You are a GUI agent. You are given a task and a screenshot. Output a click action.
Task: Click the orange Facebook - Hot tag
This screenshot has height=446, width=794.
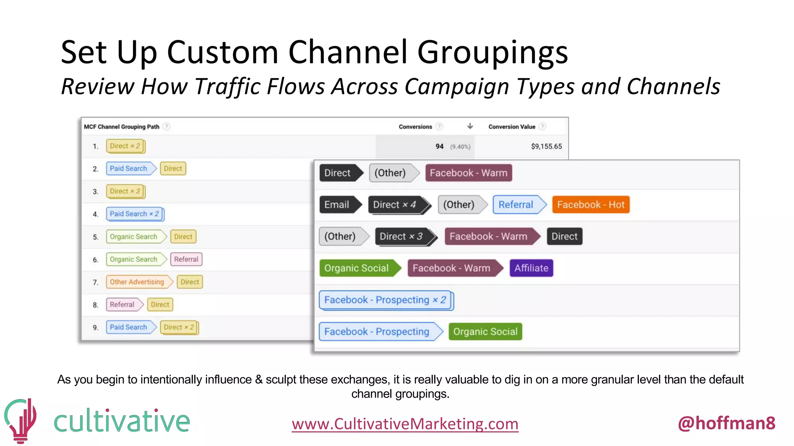[590, 205]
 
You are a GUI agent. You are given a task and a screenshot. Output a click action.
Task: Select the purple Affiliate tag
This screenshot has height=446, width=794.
[531, 268]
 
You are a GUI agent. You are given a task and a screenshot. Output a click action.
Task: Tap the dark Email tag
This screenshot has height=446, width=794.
[337, 205]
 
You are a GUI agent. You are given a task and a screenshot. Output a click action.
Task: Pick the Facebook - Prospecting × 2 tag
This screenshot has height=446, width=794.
[385, 300]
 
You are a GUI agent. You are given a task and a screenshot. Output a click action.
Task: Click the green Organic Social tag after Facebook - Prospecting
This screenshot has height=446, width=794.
[485, 332]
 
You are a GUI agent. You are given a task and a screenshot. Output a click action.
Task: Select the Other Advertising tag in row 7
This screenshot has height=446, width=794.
[137, 282]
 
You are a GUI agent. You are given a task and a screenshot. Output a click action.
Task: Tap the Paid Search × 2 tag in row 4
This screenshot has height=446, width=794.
[134, 214]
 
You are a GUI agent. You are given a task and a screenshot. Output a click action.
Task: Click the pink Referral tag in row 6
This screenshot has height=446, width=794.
[186, 259]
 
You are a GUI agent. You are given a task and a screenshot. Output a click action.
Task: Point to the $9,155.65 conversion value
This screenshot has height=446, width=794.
[546, 146]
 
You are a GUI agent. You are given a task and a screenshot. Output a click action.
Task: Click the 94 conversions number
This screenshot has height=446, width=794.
[439, 146]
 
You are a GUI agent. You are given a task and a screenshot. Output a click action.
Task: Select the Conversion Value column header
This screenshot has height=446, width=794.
[511, 127]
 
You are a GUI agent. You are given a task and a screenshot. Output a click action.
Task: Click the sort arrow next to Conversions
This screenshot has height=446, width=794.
[470, 126]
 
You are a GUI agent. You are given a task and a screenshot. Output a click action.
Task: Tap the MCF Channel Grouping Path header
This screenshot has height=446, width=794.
[121, 127]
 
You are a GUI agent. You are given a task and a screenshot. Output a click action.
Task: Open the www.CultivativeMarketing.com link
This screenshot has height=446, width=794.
[405, 424]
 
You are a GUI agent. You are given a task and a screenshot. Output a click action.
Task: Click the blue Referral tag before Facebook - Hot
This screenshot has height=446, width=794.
[516, 205]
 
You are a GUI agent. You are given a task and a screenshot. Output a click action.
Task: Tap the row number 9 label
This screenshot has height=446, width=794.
[95, 328]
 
